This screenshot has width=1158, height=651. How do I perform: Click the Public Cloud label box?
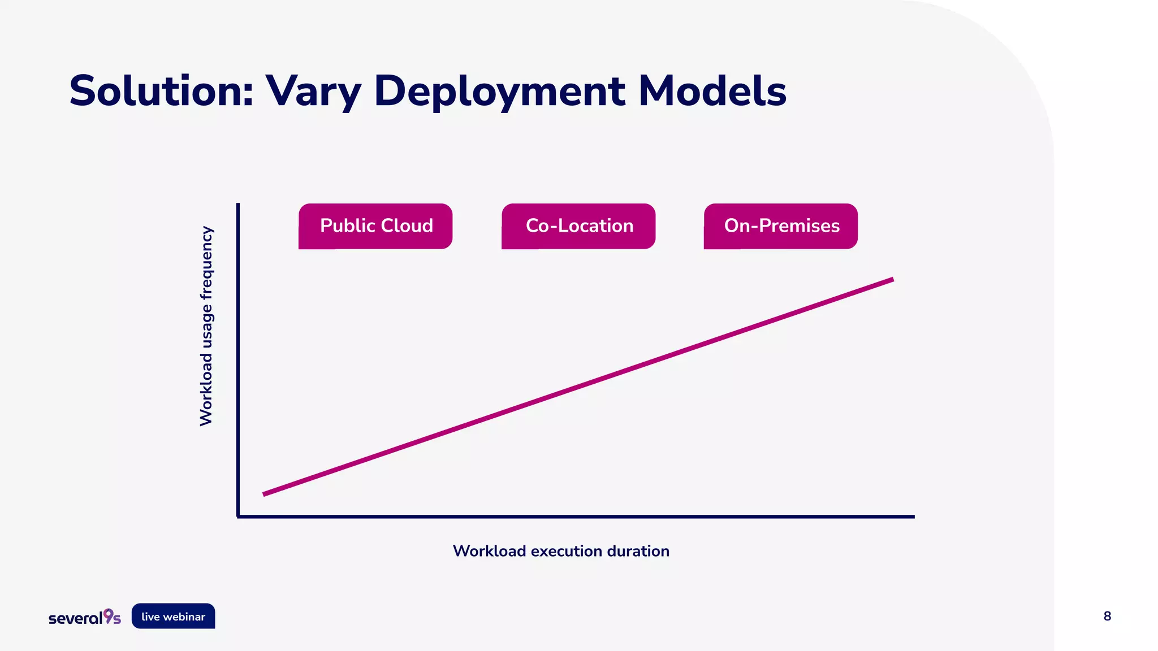pyautogui.click(x=375, y=226)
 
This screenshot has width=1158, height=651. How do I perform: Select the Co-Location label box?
pyautogui.click(x=578, y=226)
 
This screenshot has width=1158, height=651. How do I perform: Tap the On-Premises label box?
pyautogui.click(x=781, y=226)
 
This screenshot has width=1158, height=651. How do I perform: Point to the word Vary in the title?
pyautogui.click(x=313, y=92)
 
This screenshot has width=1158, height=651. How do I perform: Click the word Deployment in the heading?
pyautogui.click(x=500, y=92)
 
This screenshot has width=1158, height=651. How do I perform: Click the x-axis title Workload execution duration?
pyautogui.click(x=561, y=551)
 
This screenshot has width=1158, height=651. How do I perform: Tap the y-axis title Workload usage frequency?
pyautogui.click(x=206, y=326)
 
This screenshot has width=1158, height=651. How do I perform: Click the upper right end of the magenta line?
pyautogui.click(x=891, y=280)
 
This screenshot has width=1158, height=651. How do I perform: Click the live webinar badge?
pyautogui.click(x=173, y=617)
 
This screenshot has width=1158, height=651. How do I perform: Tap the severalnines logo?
pyautogui.click(x=85, y=617)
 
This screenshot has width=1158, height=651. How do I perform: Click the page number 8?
pyautogui.click(x=1107, y=616)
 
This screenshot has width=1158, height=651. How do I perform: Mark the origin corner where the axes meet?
pyautogui.click(x=238, y=516)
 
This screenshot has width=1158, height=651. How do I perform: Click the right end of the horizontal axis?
pyautogui.click(x=913, y=516)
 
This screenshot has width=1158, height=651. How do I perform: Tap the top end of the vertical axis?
pyautogui.click(x=238, y=205)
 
